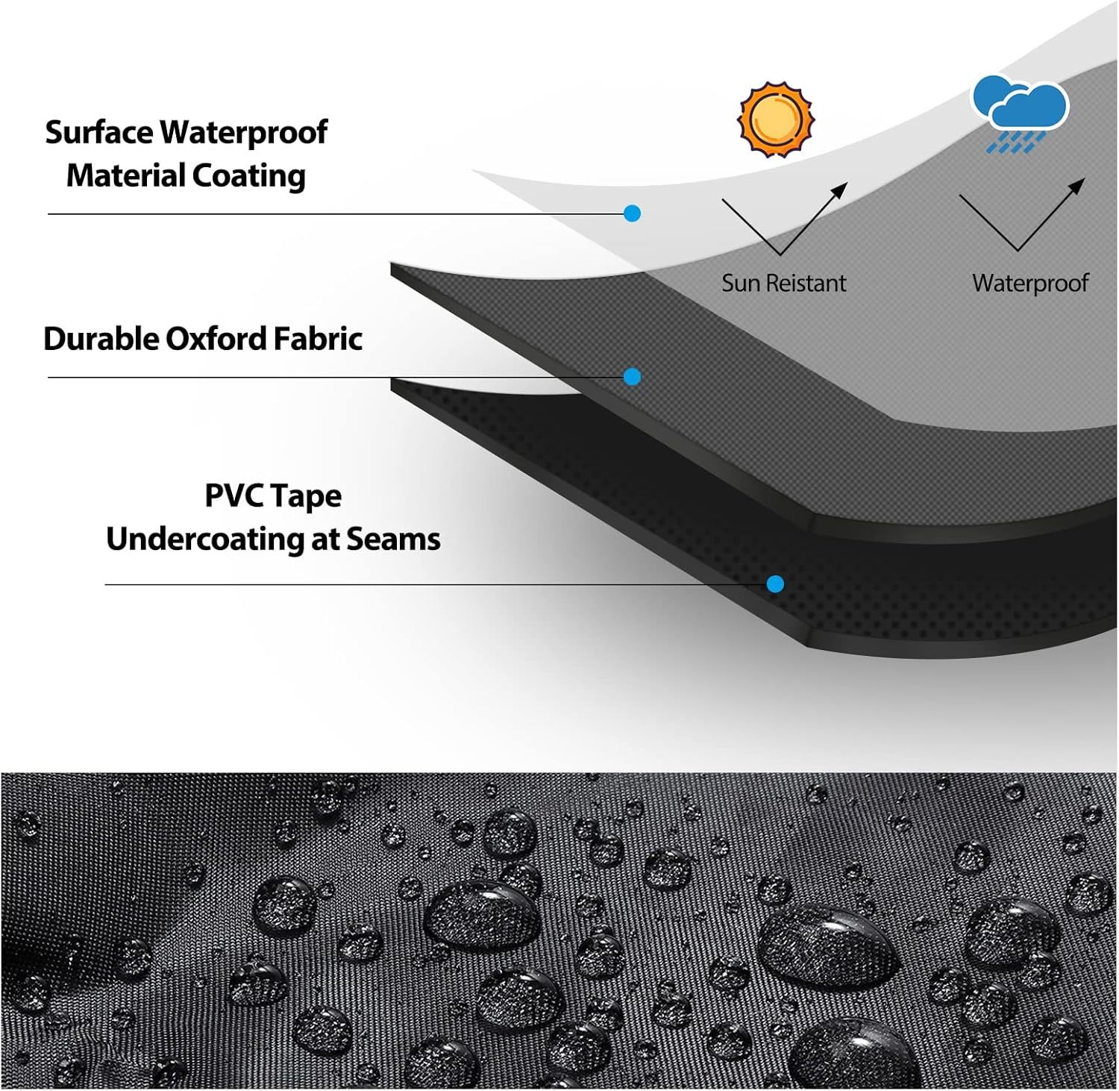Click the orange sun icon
[x=776, y=119]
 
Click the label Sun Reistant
[x=783, y=283]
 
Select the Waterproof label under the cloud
[x=1030, y=284]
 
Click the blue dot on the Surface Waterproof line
[x=632, y=213]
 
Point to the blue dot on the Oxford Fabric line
[x=632, y=377]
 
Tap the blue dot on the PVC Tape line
[x=775, y=584]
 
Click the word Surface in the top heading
[x=99, y=133]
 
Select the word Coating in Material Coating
[x=249, y=177]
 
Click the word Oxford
[x=215, y=339]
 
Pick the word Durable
[x=101, y=339]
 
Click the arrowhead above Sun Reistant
[x=841, y=190]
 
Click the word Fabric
[x=318, y=339]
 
